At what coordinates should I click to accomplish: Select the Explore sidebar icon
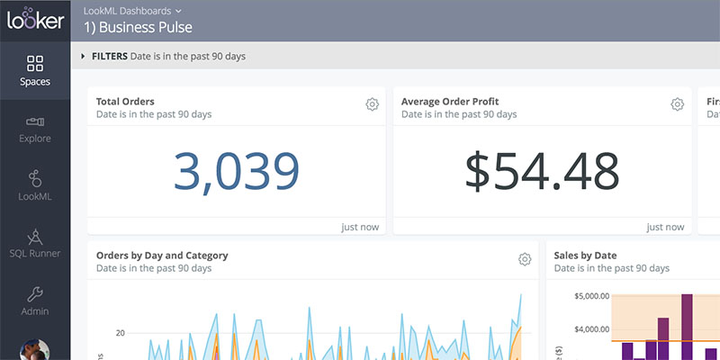(x=35, y=121)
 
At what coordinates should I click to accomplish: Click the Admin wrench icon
(x=35, y=293)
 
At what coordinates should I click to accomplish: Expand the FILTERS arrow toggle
(x=84, y=56)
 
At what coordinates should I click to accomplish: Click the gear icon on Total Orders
(x=372, y=104)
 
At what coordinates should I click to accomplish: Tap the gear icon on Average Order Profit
(x=677, y=104)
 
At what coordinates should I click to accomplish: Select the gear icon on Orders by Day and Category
(x=525, y=259)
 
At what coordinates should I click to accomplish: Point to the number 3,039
(x=236, y=171)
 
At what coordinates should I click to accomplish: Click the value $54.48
(x=542, y=171)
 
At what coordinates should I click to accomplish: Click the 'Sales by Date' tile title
(x=586, y=256)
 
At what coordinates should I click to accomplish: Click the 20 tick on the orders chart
(x=120, y=333)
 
